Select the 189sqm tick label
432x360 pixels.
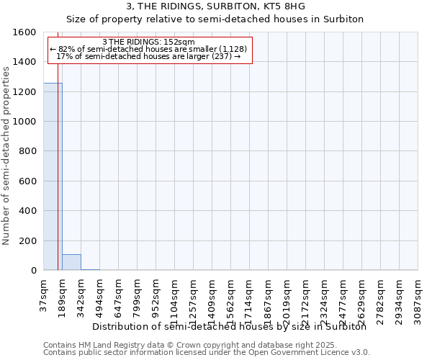point(62,295)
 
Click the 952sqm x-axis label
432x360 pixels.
point(156,295)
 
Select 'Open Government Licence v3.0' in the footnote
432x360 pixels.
point(310,353)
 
